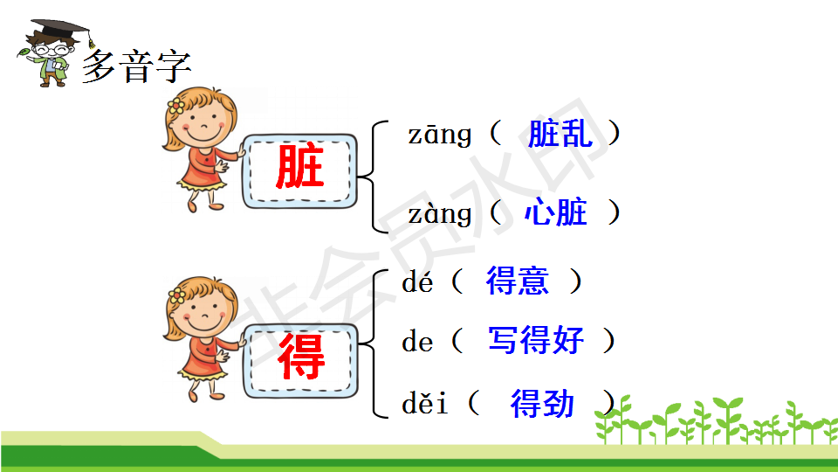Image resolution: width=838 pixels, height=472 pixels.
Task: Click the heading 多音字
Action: [x=137, y=67]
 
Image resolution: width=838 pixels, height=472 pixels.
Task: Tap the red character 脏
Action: [x=299, y=166]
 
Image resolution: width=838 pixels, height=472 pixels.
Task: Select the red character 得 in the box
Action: [x=301, y=356]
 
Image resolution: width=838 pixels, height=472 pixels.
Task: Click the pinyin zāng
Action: [x=440, y=135]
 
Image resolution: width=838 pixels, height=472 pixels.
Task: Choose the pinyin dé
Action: [x=417, y=281]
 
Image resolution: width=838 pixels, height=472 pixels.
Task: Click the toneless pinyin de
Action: [x=417, y=342]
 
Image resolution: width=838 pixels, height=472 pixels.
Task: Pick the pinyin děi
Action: [x=424, y=402]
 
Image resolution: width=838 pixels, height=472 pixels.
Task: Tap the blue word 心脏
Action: [x=556, y=212]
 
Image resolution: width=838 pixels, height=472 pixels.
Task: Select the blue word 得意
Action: [x=518, y=281]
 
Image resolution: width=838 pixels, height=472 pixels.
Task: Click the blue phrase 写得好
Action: [x=536, y=340]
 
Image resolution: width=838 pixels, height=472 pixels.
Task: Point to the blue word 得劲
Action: [x=542, y=403]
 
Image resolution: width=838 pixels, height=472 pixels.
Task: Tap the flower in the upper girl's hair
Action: [x=175, y=106]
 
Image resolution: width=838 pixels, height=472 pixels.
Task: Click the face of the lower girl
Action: [x=205, y=316]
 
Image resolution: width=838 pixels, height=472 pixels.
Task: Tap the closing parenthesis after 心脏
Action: [x=615, y=212]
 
